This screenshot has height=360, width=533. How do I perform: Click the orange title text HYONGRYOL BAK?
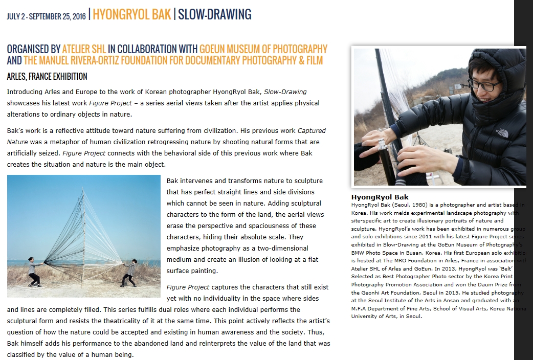[x=131, y=14]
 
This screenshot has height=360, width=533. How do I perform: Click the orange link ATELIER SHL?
[x=84, y=50]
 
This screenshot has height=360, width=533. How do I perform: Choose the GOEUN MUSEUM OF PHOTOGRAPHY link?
[x=263, y=50]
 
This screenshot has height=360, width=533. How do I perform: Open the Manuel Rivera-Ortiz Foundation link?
[x=173, y=61]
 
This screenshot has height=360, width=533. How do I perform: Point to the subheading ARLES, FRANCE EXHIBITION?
[x=47, y=77]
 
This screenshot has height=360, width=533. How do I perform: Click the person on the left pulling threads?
[x=34, y=271]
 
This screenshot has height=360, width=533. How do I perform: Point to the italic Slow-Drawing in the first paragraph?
[x=285, y=92]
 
